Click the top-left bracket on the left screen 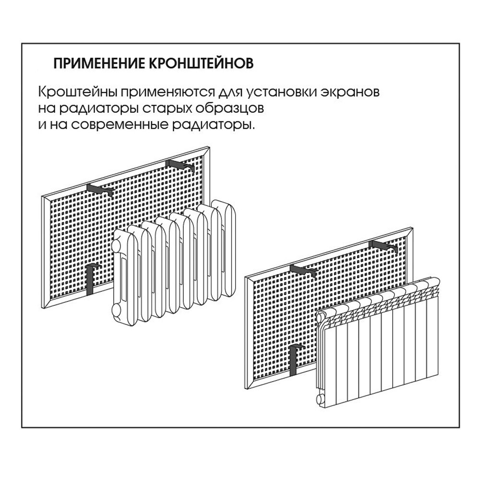[x=100, y=190]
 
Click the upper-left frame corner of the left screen [x=44, y=197]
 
